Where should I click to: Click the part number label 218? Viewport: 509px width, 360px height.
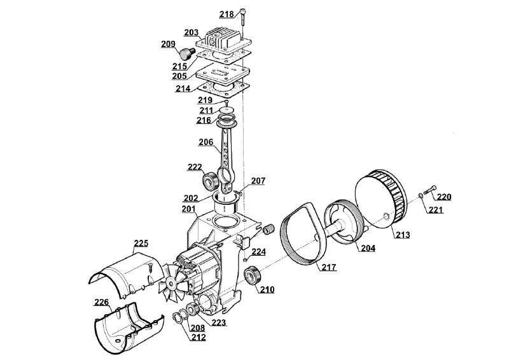tap(227, 14)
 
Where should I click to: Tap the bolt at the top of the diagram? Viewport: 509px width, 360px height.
tap(243, 18)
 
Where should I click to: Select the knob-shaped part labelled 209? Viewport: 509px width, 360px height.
tap(187, 53)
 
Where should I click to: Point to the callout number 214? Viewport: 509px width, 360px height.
tap(183, 88)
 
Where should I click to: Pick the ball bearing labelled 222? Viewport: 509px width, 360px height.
tap(211, 181)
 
